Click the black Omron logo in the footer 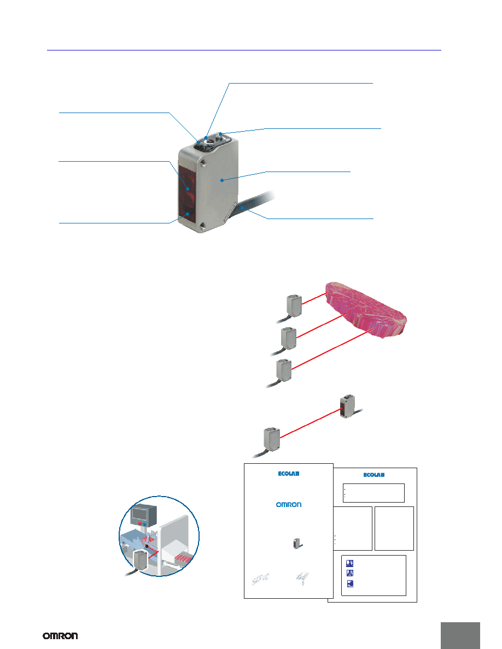tap(60, 635)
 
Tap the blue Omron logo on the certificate tap(289, 505)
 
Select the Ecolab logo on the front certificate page tap(289, 474)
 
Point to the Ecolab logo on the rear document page tap(374, 475)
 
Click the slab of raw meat tap(366, 309)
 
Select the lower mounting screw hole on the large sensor tap(202, 225)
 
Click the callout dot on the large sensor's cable tap(241, 206)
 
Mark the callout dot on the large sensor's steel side tap(223, 180)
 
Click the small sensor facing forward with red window tap(347, 406)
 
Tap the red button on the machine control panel tap(140, 523)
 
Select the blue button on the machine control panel tap(144, 524)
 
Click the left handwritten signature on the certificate tap(260, 579)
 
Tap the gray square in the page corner tap(460, 635)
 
